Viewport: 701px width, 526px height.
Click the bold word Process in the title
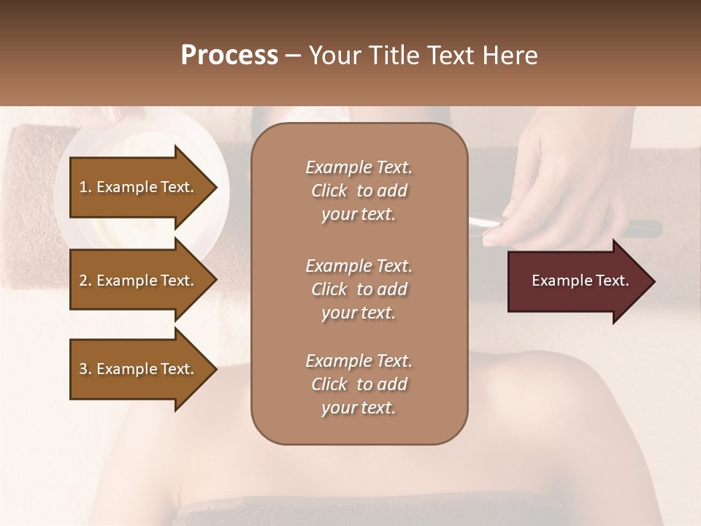[x=229, y=56]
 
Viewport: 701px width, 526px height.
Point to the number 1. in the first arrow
[x=85, y=187]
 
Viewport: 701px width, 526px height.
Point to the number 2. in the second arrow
[x=85, y=281]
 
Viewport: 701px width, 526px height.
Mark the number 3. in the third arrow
[x=85, y=369]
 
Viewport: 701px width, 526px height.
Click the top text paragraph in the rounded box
[x=359, y=191]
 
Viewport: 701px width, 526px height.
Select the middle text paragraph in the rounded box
[x=359, y=289]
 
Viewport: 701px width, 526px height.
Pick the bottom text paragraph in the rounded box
[x=359, y=384]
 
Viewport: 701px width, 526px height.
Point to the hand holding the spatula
[x=555, y=183]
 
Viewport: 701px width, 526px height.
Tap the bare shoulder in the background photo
[x=540, y=409]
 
